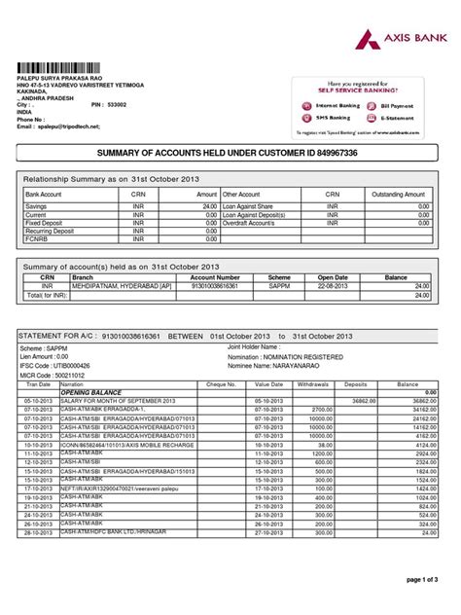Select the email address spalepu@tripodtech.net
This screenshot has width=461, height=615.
pyautogui.click(x=71, y=127)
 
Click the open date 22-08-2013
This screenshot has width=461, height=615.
pyautogui.click(x=332, y=286)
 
